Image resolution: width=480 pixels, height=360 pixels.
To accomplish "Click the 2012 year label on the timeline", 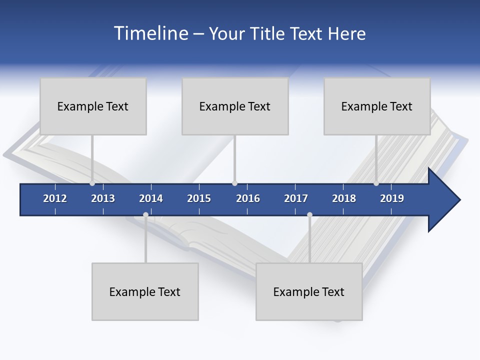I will (x=55, y=198).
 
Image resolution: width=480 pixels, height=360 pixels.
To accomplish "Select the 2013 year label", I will (x=103, y=198).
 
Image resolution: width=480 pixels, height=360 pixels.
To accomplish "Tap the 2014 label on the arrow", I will (x=151, y=198).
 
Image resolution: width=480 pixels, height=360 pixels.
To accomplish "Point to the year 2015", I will (x=199, y=198).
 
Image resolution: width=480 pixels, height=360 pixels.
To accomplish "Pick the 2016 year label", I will (x=248, y=198).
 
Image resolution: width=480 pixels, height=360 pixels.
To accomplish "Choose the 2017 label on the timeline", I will (x=296, y=198).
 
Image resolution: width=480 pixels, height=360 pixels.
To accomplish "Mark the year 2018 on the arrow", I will (x=344, y=198).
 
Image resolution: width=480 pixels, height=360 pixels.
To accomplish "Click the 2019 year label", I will (x=392, y=198).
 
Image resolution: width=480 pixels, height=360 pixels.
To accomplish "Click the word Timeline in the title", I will (x=150, y=33).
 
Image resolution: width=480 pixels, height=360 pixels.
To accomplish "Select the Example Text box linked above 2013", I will (x=93, y=106).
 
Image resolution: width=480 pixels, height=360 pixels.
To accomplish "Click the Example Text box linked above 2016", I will (x=235, y=106).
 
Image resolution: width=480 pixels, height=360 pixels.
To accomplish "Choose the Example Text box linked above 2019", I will (x=377, y=106).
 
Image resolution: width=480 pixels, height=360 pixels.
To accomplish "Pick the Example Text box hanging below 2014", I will (x=145, y=291).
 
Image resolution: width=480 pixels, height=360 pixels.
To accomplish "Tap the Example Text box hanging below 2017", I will (x=309, y=291).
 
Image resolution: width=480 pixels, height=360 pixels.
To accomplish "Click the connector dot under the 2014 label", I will (x=145, y=215).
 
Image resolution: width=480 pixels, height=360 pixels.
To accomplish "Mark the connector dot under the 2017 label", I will (x=309, y=215).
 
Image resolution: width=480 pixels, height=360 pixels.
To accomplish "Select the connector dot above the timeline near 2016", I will (x=234, y=183).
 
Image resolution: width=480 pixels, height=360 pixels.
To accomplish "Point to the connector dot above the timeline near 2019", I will (x=376, y=183).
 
